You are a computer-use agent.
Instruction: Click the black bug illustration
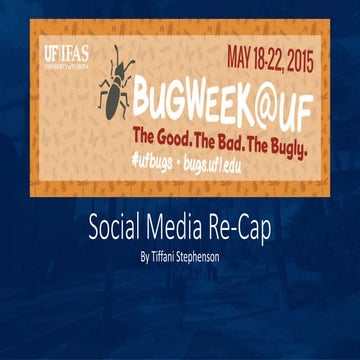click(113, 86)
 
